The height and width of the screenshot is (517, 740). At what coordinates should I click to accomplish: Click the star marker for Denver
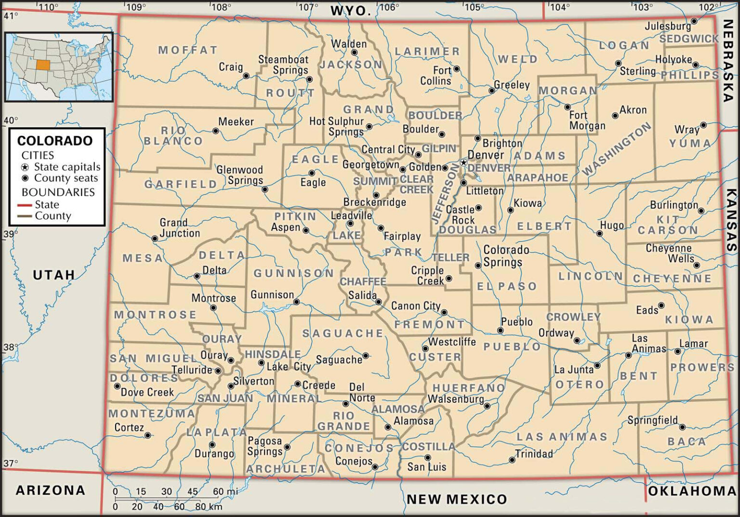(x=463, y=162)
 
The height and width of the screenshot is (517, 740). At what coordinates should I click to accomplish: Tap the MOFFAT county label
(x=188, y=50)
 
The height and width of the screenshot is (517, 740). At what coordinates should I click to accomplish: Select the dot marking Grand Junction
(x=155, y=239)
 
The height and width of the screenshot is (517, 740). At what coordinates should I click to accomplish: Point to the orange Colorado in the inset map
(x=43, y=64)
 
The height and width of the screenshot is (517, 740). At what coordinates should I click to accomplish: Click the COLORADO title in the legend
(x=55, y=141)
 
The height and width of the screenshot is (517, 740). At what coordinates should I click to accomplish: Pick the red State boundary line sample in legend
(x=25, y=205)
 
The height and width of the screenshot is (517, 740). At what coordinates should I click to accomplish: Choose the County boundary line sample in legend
(x=25, y=216)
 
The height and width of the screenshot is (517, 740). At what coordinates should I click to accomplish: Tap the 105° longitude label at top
(x=474, y=7)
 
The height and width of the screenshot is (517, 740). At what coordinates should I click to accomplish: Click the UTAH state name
(x=54, y=275)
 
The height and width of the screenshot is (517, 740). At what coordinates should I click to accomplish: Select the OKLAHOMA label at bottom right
(x=692, y=491)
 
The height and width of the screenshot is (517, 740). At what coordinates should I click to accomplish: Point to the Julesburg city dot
(x=694, y=21)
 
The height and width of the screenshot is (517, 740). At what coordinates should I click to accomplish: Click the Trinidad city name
(x=534, y=454)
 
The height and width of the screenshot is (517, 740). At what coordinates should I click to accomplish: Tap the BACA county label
(x=687, y=441)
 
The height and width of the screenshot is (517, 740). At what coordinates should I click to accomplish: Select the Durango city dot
(x=212, y=445)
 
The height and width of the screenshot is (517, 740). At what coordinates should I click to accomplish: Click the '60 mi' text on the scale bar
(x=225, y=492)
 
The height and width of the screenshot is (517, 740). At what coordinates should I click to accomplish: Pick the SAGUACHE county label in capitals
(x=343, y=333)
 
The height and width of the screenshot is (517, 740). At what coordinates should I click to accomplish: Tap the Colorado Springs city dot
(x=478, y=265)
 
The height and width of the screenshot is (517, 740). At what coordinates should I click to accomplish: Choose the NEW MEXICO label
(x=457, y=499)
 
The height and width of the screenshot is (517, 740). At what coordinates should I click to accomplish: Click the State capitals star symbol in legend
(x=25, y=167)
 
